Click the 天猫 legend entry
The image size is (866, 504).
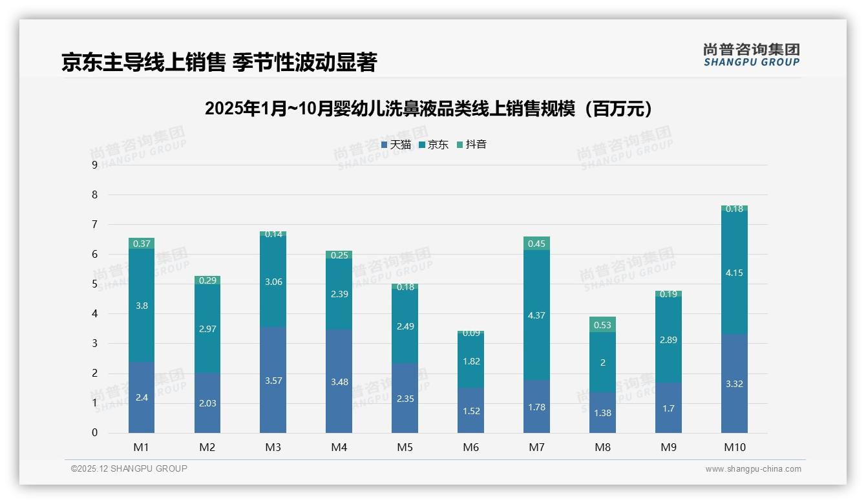(x=396, y=145)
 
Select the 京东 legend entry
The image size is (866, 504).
(x=434, y=145)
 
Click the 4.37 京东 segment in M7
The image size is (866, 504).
(x=536, y=315)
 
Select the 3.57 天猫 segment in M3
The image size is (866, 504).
(x=273, y=381)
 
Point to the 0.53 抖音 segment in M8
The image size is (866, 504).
(x=602, y=325)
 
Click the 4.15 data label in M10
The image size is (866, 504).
(x=734, y=273)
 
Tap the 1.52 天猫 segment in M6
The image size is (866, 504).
(x=470, y=411)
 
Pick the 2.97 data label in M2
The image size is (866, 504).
(x=207, y=329)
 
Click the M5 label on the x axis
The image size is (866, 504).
(x=405, y=447)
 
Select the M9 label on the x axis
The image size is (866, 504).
(x=668, y=447)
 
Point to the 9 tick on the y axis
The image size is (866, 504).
(x=95, y=165)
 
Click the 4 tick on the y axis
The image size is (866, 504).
(x=95, y=314)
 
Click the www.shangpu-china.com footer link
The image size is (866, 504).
(x=753, y=469)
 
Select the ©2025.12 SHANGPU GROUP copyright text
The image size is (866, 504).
(x=129, y=469)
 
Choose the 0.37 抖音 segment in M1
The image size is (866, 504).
(x=142, y=244)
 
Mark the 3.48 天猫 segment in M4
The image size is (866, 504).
(x=339, y=382)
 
